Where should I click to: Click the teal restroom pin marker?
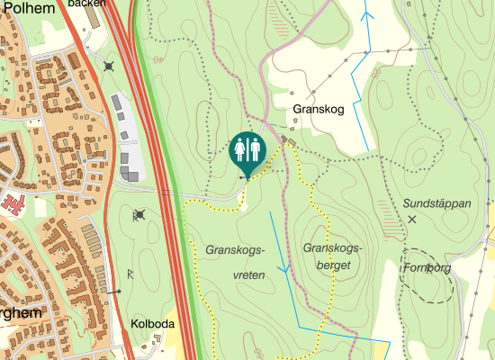pos(247,151)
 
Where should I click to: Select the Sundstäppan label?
pos(436,203)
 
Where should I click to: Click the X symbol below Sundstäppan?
pos(413,219)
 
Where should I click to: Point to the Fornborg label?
pos(427,267)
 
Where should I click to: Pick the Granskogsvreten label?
pos(237,262)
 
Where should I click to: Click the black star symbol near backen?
pos(109,66)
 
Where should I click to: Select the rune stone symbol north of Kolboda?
pos(131,272)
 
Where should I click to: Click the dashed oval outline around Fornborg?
pos(427,274)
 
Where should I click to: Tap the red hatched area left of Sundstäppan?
pos(387,211)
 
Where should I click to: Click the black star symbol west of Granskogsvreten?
pos(139,214)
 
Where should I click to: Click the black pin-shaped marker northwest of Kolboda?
pos(116,292)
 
